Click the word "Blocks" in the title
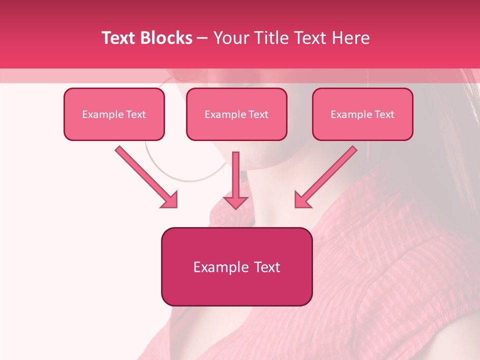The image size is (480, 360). (167, 38)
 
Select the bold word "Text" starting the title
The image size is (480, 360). (120, 38)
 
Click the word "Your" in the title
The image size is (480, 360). (230, 38)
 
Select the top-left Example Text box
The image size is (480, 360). (114, 114)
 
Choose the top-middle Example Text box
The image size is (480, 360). (236, 114)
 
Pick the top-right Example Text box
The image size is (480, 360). (362, 114)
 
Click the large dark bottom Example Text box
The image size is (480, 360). (236, 266)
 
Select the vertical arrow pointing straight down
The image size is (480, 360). (235, 180)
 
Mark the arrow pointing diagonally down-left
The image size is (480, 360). (327, 175)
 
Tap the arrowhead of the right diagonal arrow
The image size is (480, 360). (303, 199)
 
